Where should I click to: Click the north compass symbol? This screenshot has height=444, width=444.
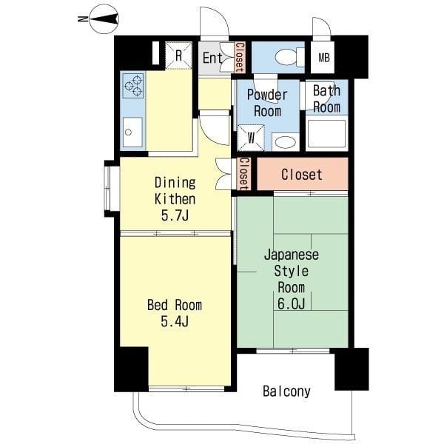104,19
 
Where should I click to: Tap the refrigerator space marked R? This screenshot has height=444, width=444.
178,55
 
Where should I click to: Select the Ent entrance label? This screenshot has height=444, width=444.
212,58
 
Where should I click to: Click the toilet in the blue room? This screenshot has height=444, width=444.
289,57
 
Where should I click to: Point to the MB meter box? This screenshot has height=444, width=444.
324,58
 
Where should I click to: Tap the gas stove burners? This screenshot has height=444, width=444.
133,85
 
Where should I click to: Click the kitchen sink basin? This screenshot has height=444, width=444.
132,132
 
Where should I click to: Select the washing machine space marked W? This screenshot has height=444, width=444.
251,138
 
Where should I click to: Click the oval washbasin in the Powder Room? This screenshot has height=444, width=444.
286,142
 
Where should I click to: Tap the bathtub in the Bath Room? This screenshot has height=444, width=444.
326,134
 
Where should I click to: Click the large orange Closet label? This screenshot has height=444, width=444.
302,175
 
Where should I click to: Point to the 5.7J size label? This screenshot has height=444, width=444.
175,216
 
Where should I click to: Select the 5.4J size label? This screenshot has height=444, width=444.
175,321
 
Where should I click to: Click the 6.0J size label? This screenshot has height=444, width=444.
291,304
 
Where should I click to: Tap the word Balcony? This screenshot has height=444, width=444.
286,391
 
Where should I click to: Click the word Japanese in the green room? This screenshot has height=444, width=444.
291,255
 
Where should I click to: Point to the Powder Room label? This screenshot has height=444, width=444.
267,103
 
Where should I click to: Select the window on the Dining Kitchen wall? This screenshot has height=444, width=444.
112,189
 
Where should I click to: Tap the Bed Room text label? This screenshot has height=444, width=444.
175,305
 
